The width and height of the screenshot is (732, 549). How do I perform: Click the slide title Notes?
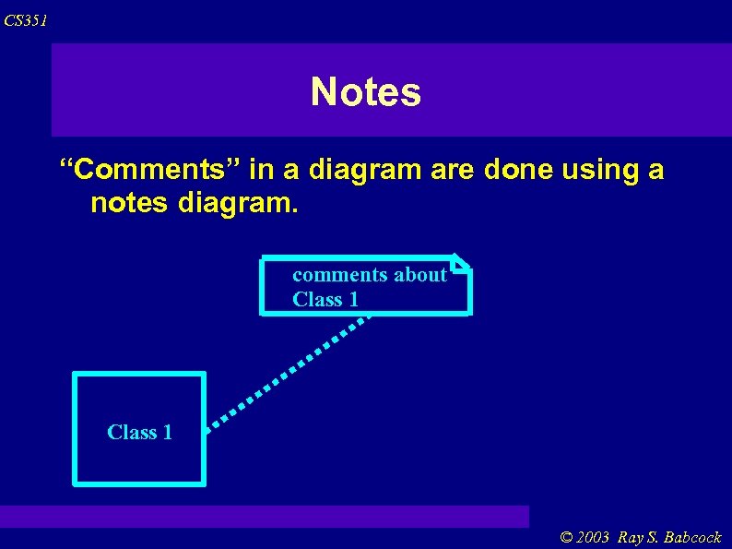pos(366,91)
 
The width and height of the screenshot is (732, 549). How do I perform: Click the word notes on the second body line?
pos(127,202)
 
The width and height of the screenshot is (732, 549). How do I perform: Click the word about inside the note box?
pos(419,274)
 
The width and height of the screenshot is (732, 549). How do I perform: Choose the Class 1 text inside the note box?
pos(325,299)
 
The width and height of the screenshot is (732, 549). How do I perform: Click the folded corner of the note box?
pos(462,262)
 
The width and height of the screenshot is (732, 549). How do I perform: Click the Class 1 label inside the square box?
pos(139,432)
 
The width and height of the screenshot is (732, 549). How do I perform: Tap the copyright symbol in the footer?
pos(566,538)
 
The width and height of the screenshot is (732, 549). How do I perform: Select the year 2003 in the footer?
pos(594,538)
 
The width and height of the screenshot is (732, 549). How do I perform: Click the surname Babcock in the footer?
pos(692,538)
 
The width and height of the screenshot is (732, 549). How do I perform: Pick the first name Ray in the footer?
pos(631,538)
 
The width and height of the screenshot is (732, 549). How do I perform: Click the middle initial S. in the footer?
pos(653,538)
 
